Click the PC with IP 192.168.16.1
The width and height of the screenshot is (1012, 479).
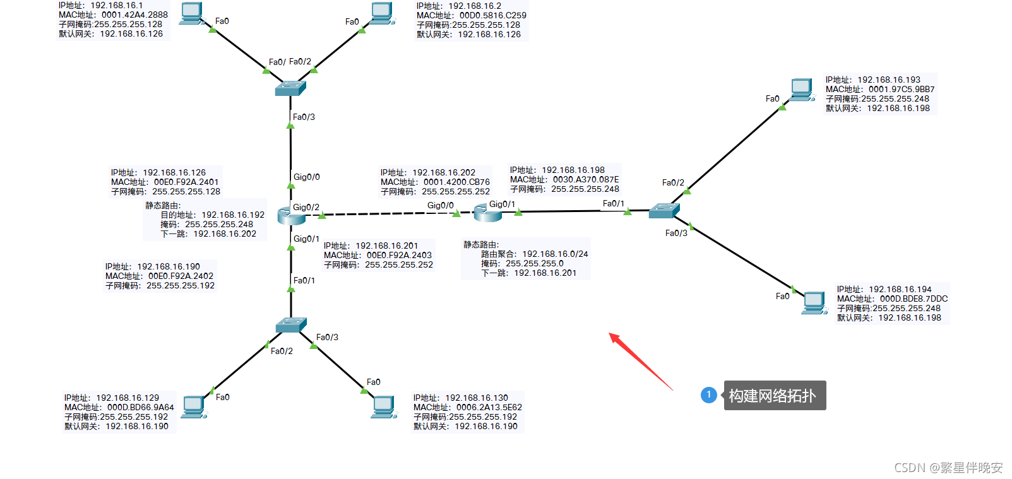[x=191, y=13]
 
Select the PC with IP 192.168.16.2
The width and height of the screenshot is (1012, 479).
[x=381, y=13]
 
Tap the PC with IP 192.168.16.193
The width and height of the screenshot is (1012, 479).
[x=802, y=90]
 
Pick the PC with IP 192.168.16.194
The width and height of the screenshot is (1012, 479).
[x=814, y=303]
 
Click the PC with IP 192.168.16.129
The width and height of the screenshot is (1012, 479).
[x=194, y=407]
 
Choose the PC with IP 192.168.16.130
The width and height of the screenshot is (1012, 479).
[x=383, y=407]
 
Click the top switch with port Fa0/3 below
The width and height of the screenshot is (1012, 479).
[x=290, y=88]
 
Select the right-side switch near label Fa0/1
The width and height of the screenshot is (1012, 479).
[x=664, y=211]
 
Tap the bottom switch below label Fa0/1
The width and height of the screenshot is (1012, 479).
[x=291, y=325]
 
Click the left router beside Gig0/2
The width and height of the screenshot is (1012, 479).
[x=291, y=215]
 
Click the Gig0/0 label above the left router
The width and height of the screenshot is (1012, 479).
[x=307, y=177]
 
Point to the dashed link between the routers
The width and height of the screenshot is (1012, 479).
[x=388, y=214]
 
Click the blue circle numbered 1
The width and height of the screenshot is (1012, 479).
[x=708, y=395]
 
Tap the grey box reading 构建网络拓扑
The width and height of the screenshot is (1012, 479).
[x=775, y=396]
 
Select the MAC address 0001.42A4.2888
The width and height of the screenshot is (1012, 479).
[x=134, y=15]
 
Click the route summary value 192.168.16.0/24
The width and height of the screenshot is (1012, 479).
[x=555, y=254]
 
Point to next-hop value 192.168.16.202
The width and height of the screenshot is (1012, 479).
[x=225, y=234]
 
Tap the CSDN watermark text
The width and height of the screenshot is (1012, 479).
[x=948, y=468]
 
